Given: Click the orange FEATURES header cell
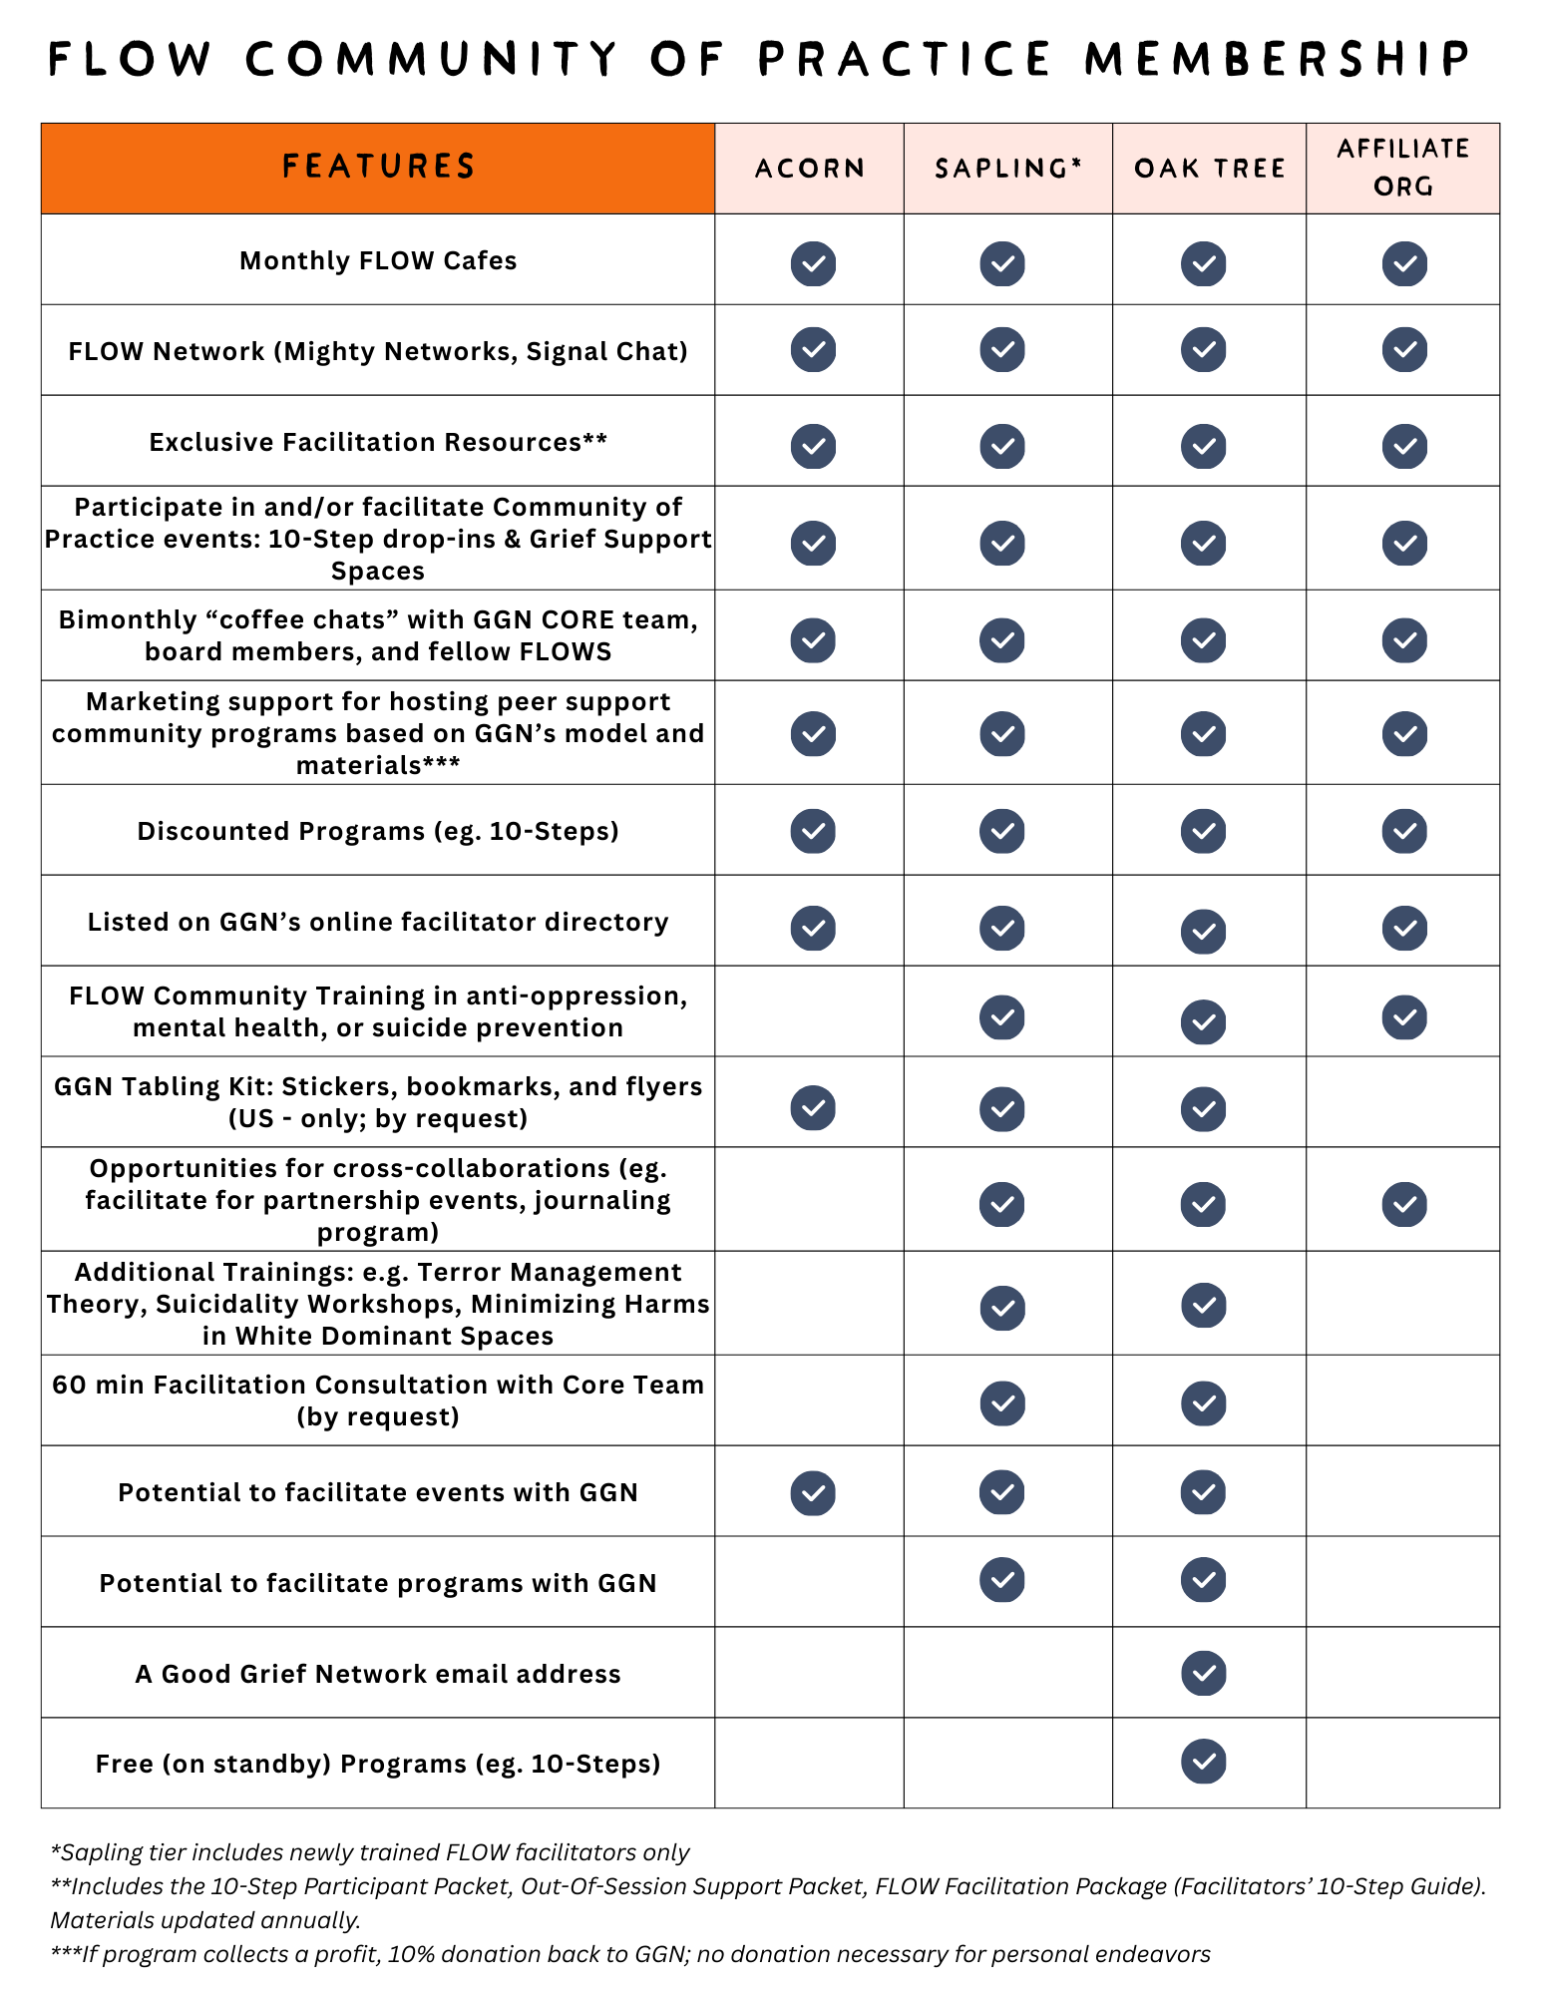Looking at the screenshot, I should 378,168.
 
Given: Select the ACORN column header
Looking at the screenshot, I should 809,169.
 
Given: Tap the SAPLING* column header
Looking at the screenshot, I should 1007,169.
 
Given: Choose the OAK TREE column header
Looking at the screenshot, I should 1209,169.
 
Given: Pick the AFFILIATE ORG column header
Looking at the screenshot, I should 1402,168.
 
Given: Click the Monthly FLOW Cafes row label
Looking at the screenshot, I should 378,260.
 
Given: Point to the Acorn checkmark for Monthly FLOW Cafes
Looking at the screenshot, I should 813,263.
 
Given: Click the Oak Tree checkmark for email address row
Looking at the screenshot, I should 1204,1673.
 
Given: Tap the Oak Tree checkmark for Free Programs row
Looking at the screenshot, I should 1204,1762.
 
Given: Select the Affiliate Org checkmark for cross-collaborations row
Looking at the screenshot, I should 1404,1204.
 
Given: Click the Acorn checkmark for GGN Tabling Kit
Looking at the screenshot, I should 813,1108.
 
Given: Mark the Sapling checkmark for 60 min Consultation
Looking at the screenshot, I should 1002,1403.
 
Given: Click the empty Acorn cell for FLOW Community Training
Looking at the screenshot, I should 809,1011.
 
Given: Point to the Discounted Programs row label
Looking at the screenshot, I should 378,831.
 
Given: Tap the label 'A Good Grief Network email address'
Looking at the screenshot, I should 378,1674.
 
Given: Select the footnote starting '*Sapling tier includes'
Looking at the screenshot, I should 370,1852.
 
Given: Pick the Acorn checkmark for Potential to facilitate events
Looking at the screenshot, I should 813,1492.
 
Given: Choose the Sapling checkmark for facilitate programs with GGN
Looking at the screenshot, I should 1002,1580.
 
